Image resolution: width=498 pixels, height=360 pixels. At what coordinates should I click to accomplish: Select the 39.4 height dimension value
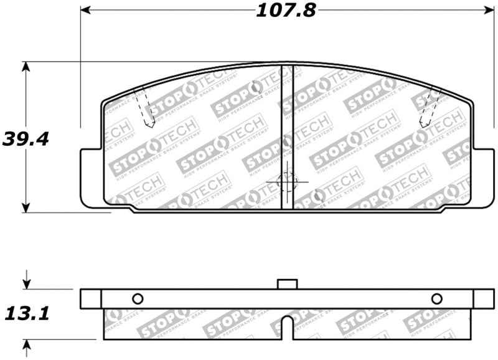26,138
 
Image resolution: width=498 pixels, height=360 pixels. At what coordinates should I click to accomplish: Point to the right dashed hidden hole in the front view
429,107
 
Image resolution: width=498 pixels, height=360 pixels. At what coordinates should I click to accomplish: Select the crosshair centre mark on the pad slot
287,182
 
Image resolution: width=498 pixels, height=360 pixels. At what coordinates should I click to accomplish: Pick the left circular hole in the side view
138,297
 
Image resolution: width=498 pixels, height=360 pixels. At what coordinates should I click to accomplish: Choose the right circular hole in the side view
436,297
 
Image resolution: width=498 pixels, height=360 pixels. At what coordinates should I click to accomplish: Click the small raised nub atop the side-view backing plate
286,284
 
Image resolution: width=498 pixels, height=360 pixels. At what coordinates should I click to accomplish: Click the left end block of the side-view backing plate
91,298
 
